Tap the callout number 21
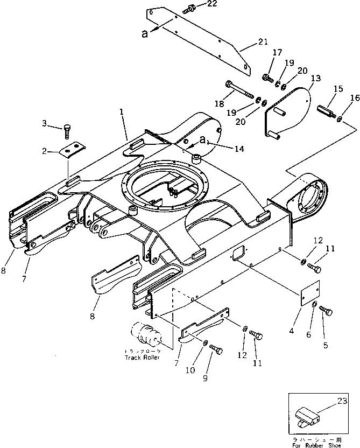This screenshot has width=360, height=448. click(x=262, y=41)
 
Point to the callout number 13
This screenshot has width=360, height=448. click(x=315, y=79)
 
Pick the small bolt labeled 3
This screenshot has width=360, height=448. click(x=67, y=131)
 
